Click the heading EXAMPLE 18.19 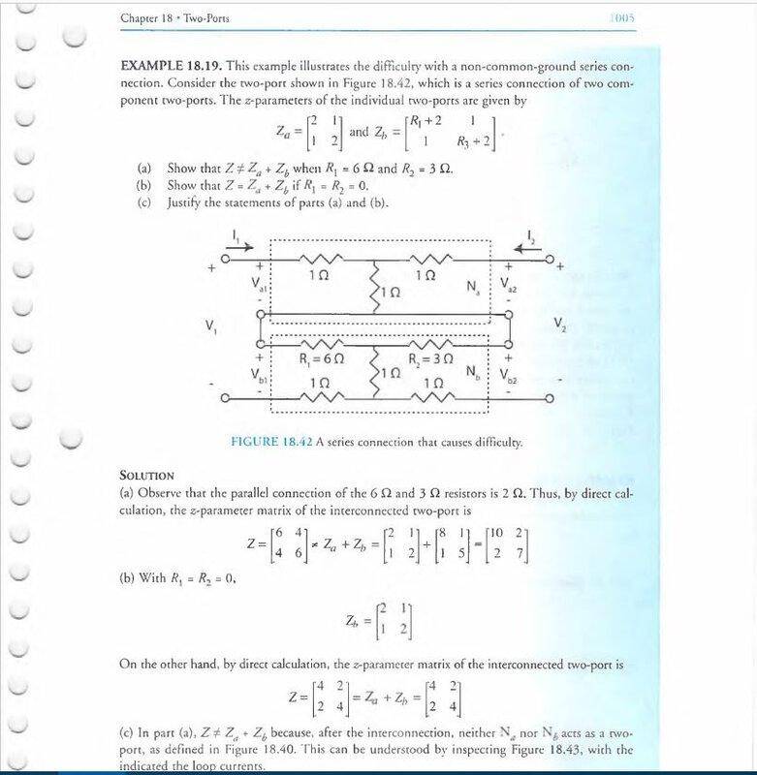[x=171, y=68]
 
